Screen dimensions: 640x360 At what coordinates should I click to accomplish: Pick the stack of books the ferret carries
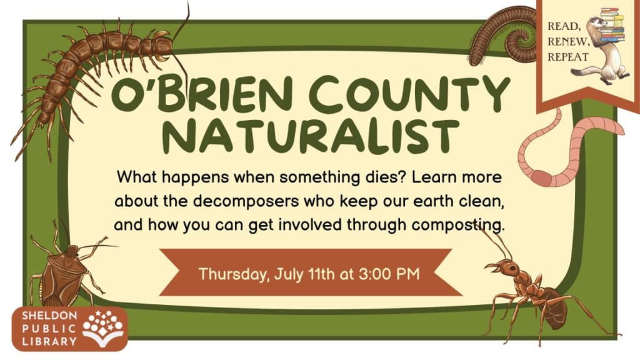[613, 24]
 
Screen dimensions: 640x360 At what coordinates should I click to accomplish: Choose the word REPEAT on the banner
[568, 57]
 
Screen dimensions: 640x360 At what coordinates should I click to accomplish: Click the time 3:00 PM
[389, 274]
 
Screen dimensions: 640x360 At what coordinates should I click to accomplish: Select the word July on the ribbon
[289, 274]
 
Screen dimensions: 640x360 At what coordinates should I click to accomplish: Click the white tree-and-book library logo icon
[103, 327]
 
